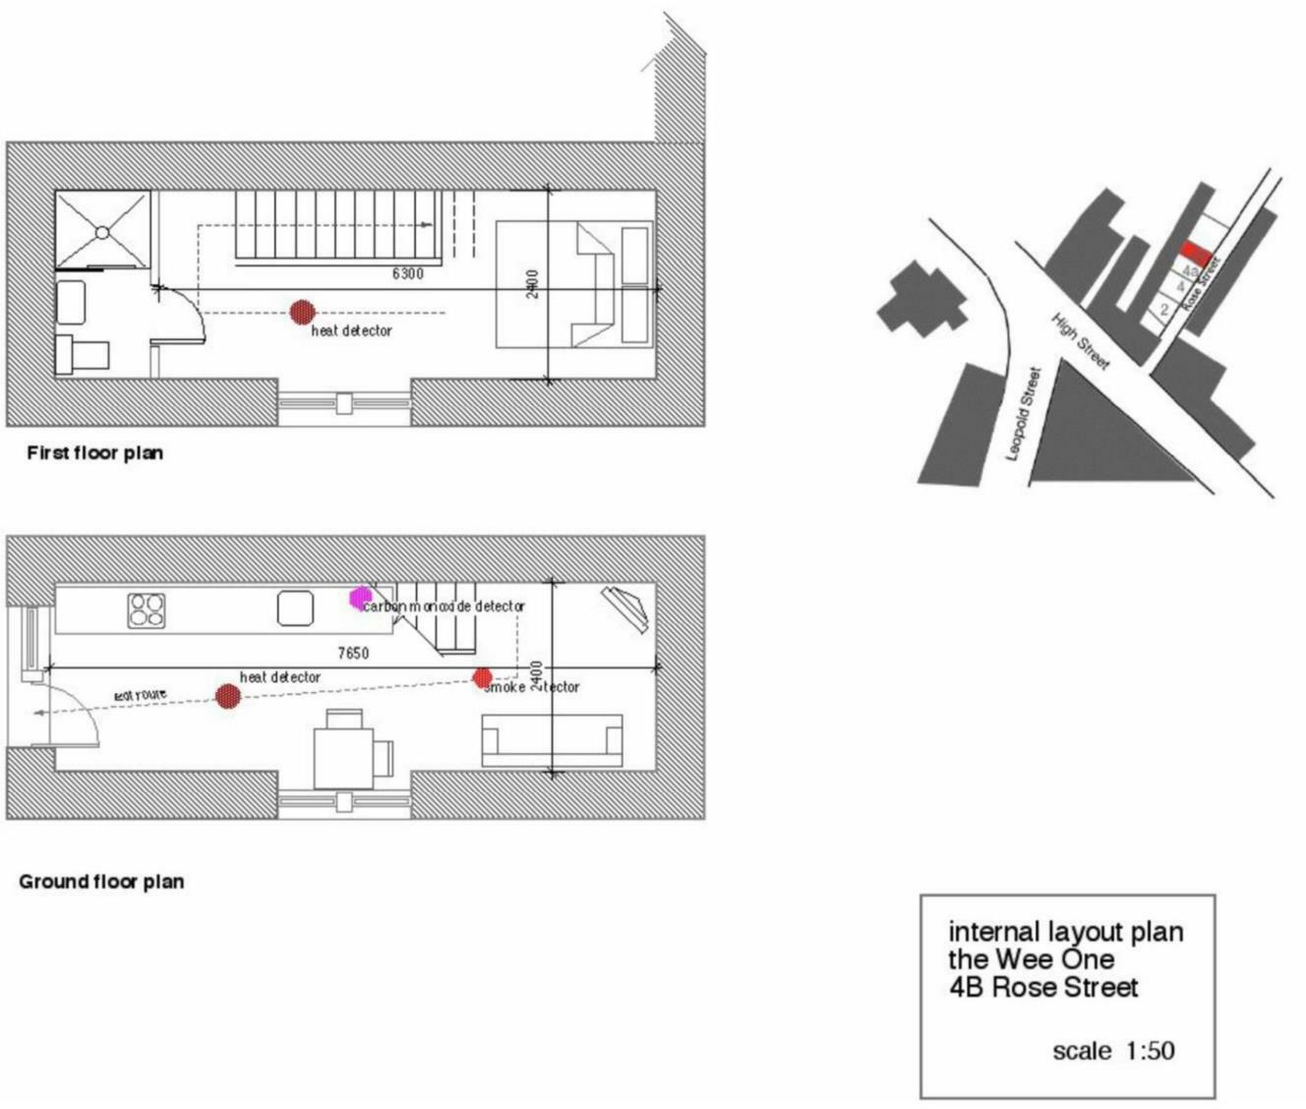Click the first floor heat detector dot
302,313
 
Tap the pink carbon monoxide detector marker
360,598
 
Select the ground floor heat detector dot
228,696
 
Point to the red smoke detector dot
482,677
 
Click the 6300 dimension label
407,273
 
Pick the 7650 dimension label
352,653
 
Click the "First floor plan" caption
94,453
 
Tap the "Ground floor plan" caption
101,882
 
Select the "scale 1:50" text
1113,1051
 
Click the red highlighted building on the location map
1194,253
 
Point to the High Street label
1080,341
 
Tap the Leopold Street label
1023,413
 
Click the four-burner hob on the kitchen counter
146,610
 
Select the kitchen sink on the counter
295,609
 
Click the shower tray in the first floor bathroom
102,231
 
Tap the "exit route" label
141,695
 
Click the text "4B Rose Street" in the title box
1043,987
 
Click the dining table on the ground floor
344,757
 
